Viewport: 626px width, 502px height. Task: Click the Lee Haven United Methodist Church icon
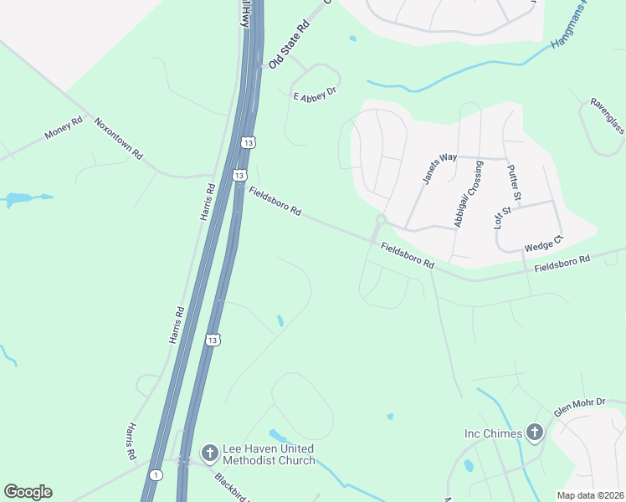click(209, 453)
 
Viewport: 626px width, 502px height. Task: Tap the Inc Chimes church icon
click(535, 433)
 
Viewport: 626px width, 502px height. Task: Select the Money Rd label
click(64, 127)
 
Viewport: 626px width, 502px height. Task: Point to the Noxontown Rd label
click(118, 138)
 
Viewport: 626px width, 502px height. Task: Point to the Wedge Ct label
click(544, 243)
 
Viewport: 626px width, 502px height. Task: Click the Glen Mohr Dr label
click(579, 407)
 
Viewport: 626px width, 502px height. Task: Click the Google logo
click(28, 492)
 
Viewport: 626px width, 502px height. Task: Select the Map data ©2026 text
click(590, 495)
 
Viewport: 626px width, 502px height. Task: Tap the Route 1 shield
click(156, 475)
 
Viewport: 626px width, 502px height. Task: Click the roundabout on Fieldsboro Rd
click(381, 220)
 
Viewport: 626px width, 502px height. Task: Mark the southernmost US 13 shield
click(213, 340)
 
